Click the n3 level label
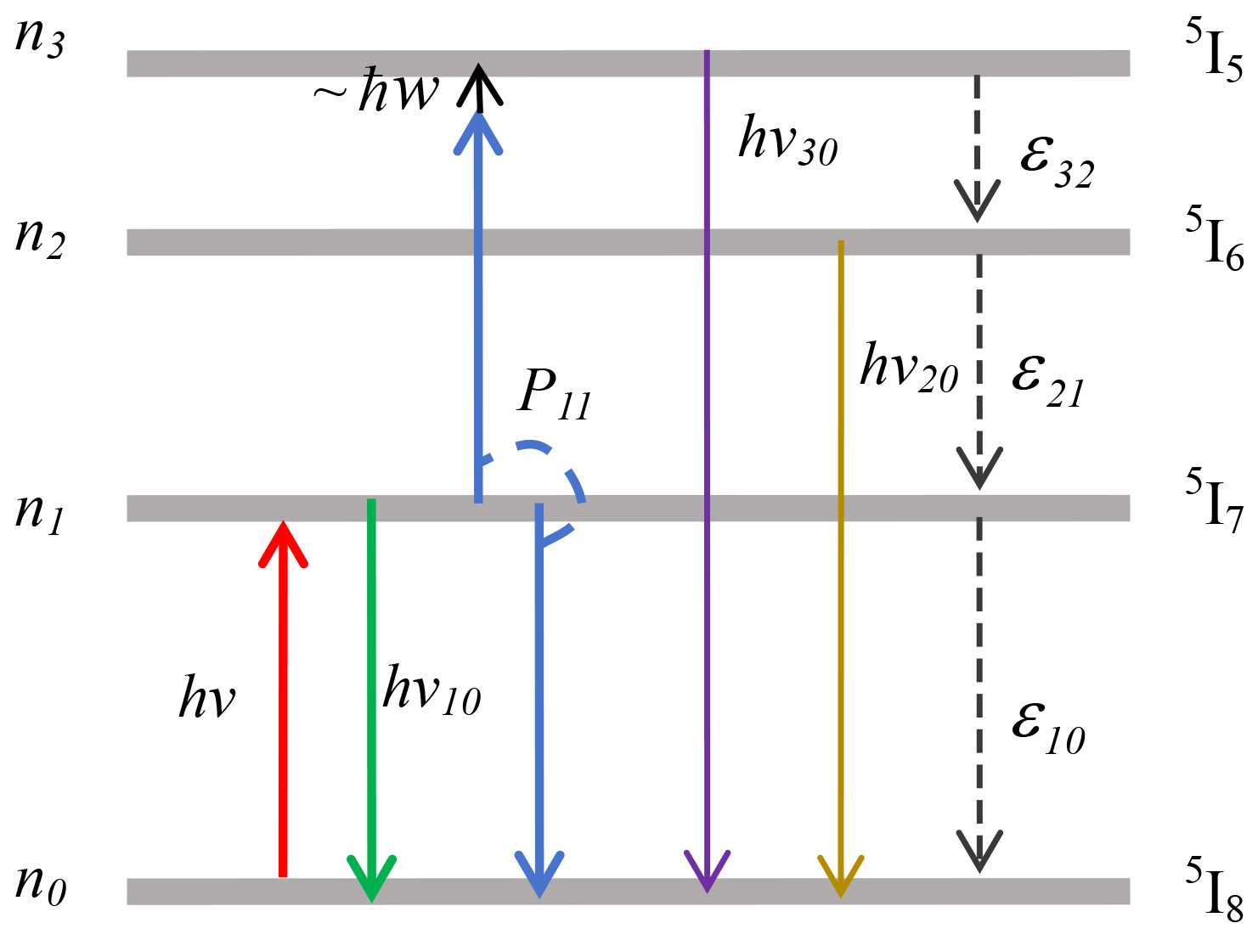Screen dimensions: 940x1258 tap(40, 39)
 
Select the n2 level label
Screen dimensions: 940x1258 tap(40, 238)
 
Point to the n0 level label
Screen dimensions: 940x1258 tap(40, 885)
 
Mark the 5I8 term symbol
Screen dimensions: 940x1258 tap(1214, 890)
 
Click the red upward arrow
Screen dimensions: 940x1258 tap(283, 696)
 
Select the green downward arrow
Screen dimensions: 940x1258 tap(371, 696)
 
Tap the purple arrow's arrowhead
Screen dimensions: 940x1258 tap(707, 871)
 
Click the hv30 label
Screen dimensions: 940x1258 tap(787, 140)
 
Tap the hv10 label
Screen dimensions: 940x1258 tap(432, 690)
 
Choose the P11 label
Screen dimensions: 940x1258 tap(554, 394)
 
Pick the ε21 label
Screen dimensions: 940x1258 tap(1047, 379)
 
